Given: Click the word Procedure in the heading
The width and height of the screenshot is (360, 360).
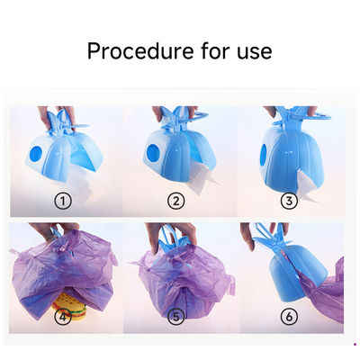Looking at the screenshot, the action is [140, 51].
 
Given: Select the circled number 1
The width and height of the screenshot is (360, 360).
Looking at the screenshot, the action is [63, 201].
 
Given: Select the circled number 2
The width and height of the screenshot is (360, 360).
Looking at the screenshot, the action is [175, 201].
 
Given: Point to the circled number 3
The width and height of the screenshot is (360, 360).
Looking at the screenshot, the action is [289, 201].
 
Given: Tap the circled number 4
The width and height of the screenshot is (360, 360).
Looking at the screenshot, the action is [63, 316].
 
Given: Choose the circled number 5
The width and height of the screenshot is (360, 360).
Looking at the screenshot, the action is [175, 316].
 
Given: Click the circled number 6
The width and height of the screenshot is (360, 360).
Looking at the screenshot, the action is [289, 316].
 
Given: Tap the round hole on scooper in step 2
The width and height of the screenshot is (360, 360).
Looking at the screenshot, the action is [153, 152].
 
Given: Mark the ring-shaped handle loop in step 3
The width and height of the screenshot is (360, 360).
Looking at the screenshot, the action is [319, 116].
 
